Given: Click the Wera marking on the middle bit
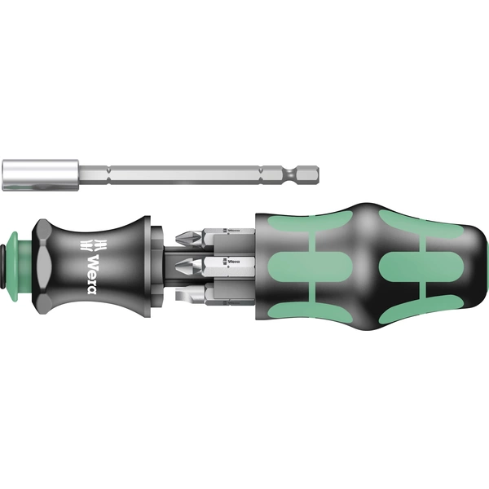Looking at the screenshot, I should click(236, 262).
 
